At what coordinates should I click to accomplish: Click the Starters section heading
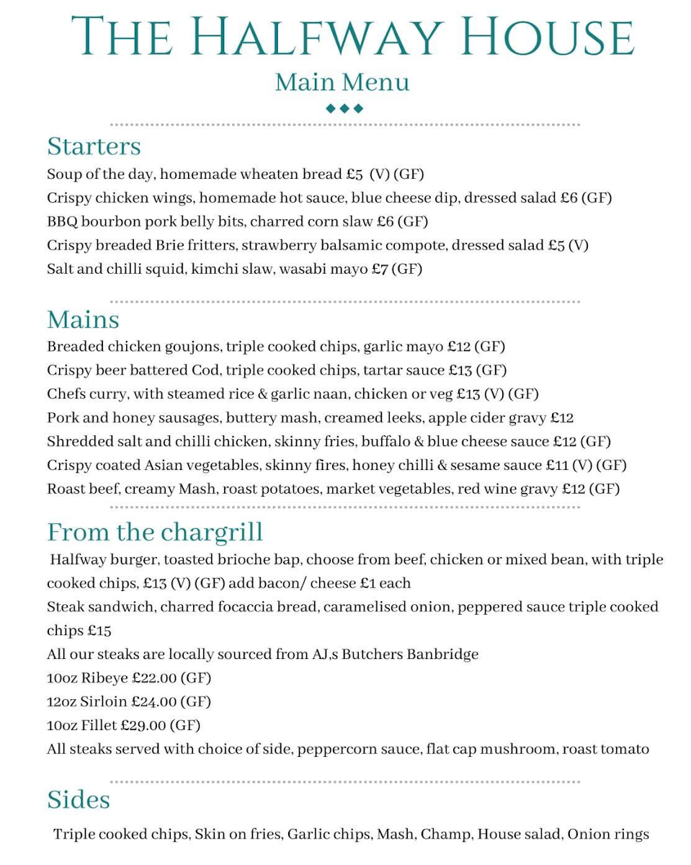coord(94,146)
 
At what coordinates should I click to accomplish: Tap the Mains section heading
coord(83,319)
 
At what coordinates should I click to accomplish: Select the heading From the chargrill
coord(155,533)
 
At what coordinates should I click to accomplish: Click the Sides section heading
coord(79,800)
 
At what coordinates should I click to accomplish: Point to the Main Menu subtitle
coord(342,82)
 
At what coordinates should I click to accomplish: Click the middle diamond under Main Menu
coord(344,109)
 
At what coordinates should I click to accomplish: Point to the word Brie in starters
coord(170,246)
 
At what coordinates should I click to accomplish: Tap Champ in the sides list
coord(446,835)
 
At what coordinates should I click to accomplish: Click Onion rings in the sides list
coord(607,835)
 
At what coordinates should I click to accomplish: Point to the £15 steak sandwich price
coord(99,631)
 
